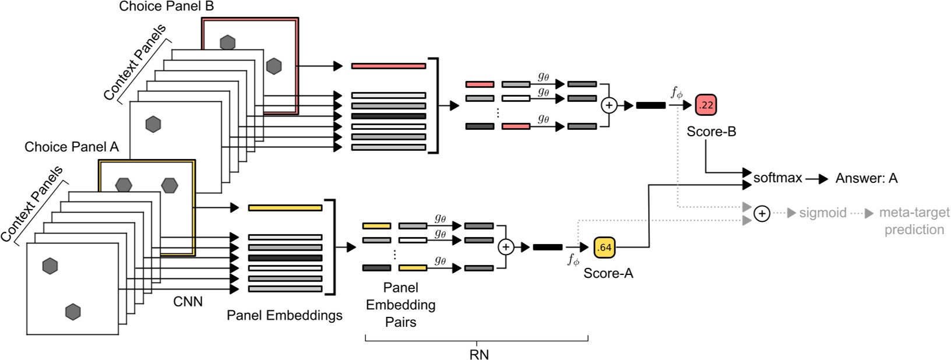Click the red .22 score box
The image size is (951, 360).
click(x=706, y=105)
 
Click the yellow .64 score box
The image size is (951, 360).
click(x=605, y=248)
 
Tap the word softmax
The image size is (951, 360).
click(x=777, y=178)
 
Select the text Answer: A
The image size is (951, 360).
click(x=866, y=179)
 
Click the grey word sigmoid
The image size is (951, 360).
click(x=822, y=213)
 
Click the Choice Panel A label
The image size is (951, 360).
click(x=72, y=147)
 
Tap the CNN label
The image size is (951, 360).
click(x=188, y=302)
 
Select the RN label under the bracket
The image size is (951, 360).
click(x=478, y=353)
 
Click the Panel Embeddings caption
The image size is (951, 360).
click(x=284, y=316)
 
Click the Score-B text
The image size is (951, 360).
click(x=711, y=132)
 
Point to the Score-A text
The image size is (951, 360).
click(x=608, y=273)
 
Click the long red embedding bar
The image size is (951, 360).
click(x=388, y=66)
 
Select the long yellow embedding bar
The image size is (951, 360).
click(x=285, y=207)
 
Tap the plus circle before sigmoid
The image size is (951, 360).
click(x=762, y=214)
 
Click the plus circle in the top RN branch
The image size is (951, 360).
click(x=608, y=105)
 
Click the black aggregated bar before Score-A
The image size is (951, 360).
click(x=548, y=248)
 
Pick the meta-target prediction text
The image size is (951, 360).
click(x=914, y=221)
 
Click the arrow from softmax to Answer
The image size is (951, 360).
click(x=816, y=179)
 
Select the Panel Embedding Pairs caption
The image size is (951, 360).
click(x=401, y=305)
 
